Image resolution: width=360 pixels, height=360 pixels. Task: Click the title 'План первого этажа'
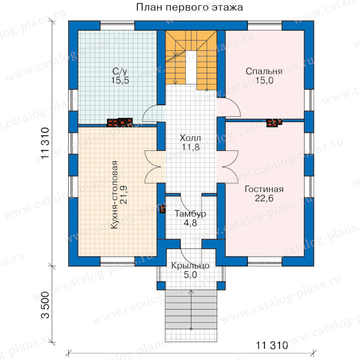click(x=190, y=7)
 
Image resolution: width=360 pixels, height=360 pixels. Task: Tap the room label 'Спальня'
click(x=264, y=71)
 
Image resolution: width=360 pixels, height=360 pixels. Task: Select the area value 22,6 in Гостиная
click(x=264, y=198)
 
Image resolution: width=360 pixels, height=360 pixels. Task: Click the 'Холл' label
click(x=190, y=138)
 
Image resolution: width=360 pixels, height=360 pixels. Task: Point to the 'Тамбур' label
click(x=190, y=214)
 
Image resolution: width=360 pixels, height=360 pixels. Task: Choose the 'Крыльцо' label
click(x=190, y=266)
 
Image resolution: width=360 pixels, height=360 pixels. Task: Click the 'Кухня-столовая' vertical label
click(x=114, y=195)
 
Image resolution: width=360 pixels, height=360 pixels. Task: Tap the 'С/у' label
click(x=120, y=72)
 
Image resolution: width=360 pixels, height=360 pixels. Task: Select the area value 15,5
click(x=120, y=80)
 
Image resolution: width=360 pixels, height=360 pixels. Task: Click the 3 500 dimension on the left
click(x=45, y=305)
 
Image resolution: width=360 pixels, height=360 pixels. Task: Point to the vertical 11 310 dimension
click(x=45, y=143)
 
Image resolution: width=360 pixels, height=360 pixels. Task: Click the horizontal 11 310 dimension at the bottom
click(x=272, y=345)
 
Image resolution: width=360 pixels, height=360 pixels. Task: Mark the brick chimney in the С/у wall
click(x=120, y=122)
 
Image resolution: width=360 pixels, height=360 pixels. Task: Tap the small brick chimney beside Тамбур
click(x=162, y=209)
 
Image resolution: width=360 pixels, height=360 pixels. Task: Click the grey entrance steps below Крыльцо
click(x=191, y=310)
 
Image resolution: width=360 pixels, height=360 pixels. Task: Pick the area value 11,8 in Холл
click(x=190, y=147)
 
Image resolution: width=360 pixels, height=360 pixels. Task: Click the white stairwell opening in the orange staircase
click(x=191, y=67)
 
